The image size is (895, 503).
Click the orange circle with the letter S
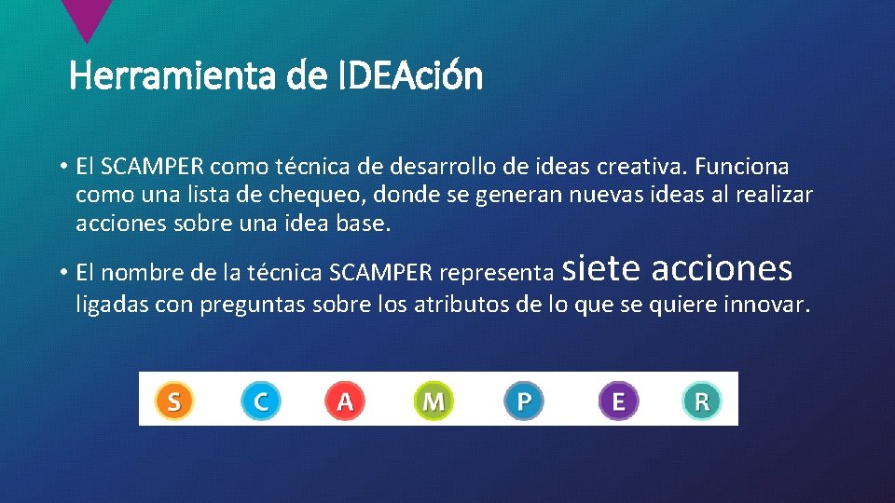(x=172, y=401)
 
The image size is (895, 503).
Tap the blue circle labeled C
(x=260, y=401)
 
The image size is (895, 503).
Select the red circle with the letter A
(x=344, y=401)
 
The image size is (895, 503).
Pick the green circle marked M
(x=433, y=401)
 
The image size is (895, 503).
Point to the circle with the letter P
(x=524, y=401)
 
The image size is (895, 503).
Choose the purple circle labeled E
(x=618, y=401)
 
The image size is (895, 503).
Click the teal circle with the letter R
(x=701, y=401)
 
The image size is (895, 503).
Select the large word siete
(x=602, y=268)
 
